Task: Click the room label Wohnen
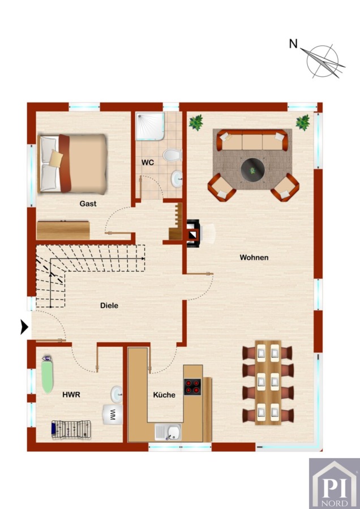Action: pos(254,257)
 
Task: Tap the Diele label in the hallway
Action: pos(109,305)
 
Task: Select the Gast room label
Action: pos(88,204)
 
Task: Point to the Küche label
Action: pos(164,395)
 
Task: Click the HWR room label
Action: pos(71,395)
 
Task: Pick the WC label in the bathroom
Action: pos(148,162)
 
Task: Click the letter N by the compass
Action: pos(293,44)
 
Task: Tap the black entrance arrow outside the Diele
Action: pos(24,327)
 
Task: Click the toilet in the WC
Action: pos(173,155)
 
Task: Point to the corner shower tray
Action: pos(150,126)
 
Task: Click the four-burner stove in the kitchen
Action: pos(192,387)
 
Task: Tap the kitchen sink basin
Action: pos(172,432)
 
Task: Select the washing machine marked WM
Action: pos(113,414)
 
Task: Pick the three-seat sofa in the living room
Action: pos(252,140)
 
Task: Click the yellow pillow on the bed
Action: pos(56,158)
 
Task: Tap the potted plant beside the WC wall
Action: pos(196,122)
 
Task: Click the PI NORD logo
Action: pos(335,484)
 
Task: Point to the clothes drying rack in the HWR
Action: pos(71,429)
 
